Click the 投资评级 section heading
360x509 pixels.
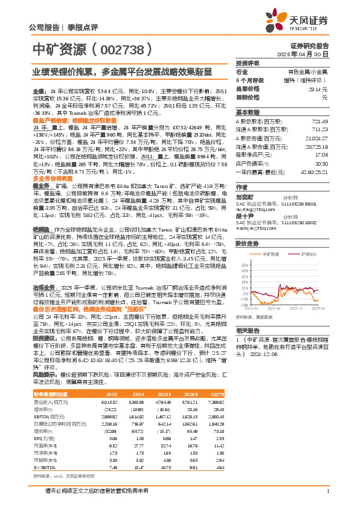click(x=248, y=63)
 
